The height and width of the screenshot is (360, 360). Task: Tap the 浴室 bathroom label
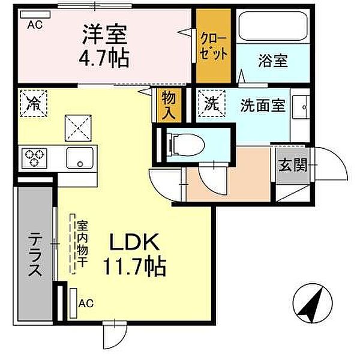[273, 61]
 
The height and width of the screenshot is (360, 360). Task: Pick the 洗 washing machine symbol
[211, 103]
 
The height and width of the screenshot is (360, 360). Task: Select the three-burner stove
[35, 158]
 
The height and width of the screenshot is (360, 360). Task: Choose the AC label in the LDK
[86, 304]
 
